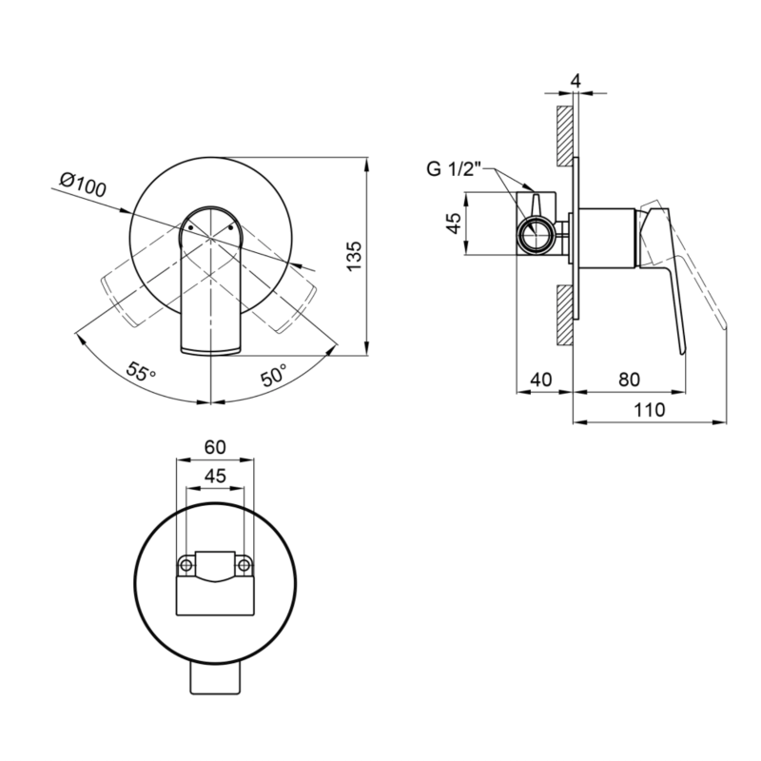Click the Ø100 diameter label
(x=83, y=185)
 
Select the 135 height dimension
(x=355, y=256)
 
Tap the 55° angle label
(x=141, y=372)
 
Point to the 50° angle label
(x=273, y=375)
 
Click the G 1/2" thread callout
(x=454, y=169)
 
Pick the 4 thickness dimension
(x=576, y=81)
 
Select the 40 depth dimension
(x=541, y=379)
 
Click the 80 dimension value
(x=629, y=379)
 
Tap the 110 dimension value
(x=650, y=410)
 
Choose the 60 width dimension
(x=215, y=447)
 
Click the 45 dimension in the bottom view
(x=215, y=476)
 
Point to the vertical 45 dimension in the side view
(x=454, y=224)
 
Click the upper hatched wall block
(x=564, y=136)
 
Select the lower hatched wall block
(x=564, y=316)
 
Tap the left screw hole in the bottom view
(x=185, y=565)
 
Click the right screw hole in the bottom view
(x=244, y=565)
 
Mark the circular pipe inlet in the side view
(x=535, y=234)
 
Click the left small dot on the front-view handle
(x=191, y=227)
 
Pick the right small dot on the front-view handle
(x=231, y=227)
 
